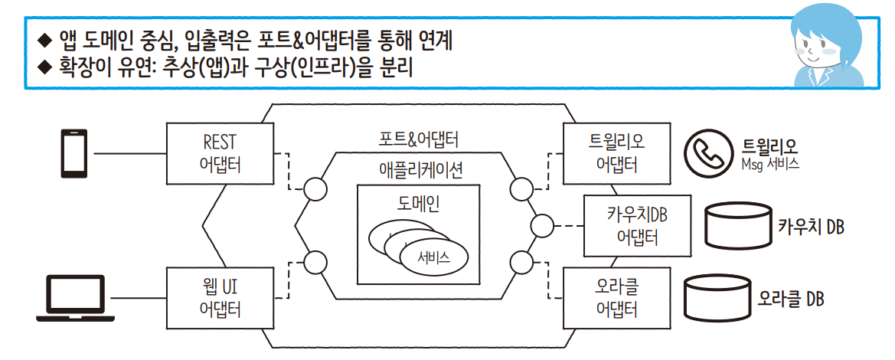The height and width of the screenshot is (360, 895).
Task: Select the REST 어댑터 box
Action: [x=220, y=154]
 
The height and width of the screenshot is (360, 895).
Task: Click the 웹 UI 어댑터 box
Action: [x=220, y=298]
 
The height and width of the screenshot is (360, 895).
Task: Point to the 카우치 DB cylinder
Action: [x=735, y=226]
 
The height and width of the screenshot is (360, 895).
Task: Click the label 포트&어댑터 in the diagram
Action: [x=419, y=140]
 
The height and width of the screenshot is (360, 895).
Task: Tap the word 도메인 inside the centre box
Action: [x=420, y=204]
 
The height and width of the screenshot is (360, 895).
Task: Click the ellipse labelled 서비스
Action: [x=433, y=257]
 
